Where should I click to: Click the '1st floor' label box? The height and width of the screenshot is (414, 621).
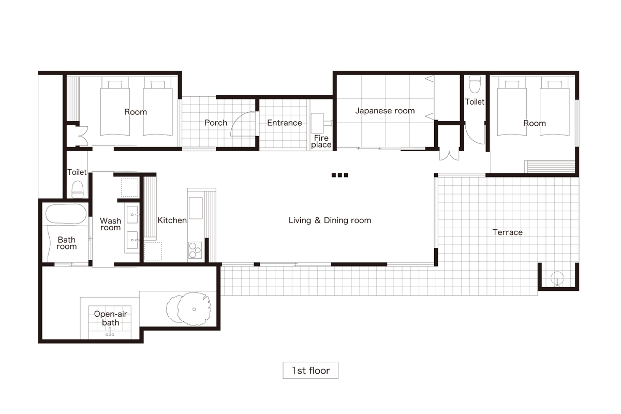tap(310, 370)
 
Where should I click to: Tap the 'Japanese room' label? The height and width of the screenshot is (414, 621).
tap(385, 111)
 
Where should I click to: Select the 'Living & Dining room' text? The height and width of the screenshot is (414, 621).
tap(330, 220)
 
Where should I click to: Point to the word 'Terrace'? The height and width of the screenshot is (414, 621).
tap(507, 232)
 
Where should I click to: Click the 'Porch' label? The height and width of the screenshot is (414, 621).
tap(216, 123)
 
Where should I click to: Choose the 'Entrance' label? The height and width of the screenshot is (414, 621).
tap(285, 123)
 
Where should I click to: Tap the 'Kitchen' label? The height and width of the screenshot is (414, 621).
tap(172, 220)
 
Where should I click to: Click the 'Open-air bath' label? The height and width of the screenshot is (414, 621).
tap(110, 318)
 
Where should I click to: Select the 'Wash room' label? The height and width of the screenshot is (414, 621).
tap(110, 224)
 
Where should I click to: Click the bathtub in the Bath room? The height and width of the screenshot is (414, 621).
tap(66, 214)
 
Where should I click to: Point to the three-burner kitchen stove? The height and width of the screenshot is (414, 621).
tap(195, 250)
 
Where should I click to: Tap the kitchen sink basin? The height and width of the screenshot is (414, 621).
tap(196, 208)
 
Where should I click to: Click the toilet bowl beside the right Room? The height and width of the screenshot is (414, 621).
tap(475, 84)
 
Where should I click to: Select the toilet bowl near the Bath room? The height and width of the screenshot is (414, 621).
tap(78, 190)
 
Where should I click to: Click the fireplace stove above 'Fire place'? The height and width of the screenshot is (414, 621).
tap(317, 123)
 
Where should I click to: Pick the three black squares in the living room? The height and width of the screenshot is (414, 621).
tap(340, 175)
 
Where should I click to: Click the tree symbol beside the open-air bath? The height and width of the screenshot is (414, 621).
tap(189, 308)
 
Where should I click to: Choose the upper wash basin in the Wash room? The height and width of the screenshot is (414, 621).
tap(132, 215)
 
